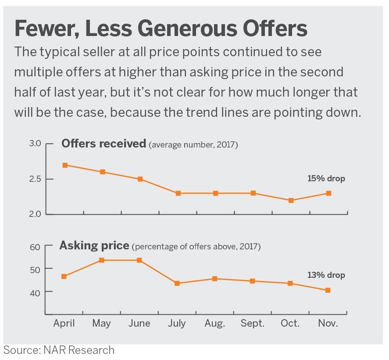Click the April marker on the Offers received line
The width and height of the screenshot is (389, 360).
tap(65, 165)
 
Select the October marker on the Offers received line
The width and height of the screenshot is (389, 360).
tap(291, 200)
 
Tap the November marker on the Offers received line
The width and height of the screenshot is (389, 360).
tap(328, 193)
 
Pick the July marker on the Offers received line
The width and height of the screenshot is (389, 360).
tap(178, 193)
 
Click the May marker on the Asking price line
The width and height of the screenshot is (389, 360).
tap(102, 260)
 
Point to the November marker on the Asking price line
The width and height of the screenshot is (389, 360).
tap(328, 290)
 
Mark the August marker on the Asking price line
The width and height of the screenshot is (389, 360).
tap(215, 279)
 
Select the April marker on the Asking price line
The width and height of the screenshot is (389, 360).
tap(64, 276)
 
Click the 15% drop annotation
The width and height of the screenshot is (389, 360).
tap(326, 179)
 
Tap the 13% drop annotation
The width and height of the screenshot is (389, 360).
tap(326, 275)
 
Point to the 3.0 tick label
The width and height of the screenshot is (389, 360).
tap(36, 144)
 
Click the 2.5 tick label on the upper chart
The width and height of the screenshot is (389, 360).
tap(36, 179)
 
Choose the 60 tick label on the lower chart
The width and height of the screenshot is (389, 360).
tap(36, 247)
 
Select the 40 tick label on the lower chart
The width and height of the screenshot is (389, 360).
tap(36, 292)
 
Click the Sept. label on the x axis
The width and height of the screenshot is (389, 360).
tap(253, 324)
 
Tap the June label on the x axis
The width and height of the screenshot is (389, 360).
tap(139, 324)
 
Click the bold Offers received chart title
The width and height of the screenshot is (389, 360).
tap(103, 144)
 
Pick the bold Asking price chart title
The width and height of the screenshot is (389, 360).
tap(94, 245)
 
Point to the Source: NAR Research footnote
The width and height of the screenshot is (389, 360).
tap(59, 350)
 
